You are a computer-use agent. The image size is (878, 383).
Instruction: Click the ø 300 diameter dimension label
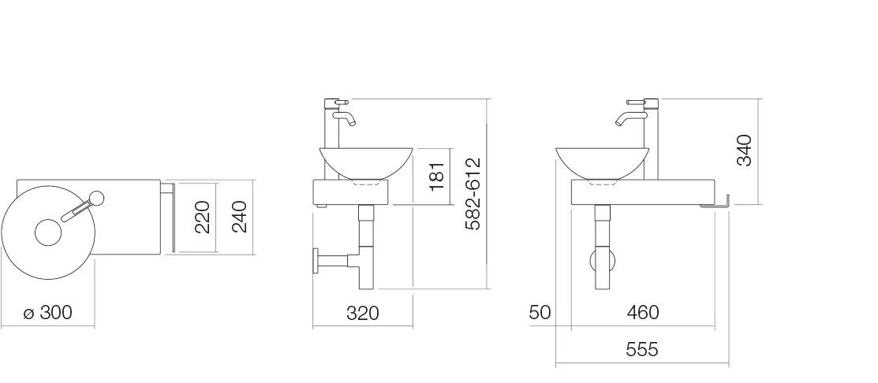(48, 313)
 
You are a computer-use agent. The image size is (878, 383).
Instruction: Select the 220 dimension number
(201, 217)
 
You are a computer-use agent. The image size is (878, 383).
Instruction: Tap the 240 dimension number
(238, 217)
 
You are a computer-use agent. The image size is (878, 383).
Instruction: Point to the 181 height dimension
(437, 176)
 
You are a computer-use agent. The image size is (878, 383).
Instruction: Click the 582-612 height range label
(473, 194)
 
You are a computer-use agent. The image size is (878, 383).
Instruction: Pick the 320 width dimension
(362, 313)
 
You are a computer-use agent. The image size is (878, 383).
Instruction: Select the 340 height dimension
(744, 151)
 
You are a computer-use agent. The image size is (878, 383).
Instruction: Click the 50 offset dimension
(540, 312)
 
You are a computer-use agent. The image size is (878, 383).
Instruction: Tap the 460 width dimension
(643, 312)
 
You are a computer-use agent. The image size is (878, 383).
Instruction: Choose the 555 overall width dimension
(641, 349)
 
